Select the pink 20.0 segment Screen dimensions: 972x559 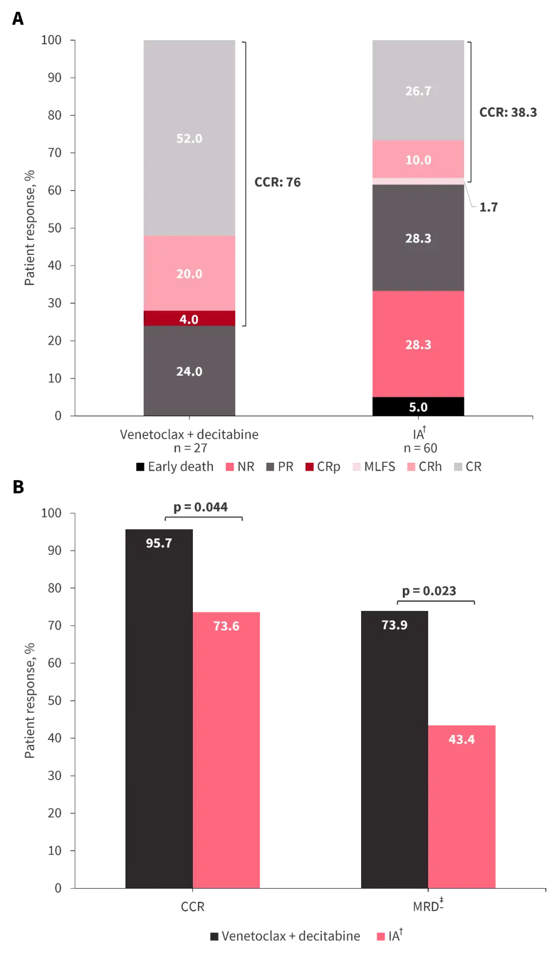[x=190, y=273]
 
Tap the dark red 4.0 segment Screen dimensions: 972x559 [x=190, y=319]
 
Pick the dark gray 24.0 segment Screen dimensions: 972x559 [x=190, y=371]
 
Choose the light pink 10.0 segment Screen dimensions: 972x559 [x=418, y=159]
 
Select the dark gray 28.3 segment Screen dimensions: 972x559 [x=418, y=238]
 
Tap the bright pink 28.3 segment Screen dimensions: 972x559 [x=418, y=344]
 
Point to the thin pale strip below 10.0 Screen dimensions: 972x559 [x=418, y=181]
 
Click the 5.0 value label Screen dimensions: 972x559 [x=418, y=407]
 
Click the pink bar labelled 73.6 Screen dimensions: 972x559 [x=227, y=749]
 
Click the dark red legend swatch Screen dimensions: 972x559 [x=309, y=467]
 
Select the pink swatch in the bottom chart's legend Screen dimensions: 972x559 [x=382, y=937]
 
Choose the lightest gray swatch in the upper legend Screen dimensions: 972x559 [x=458, y=467]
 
